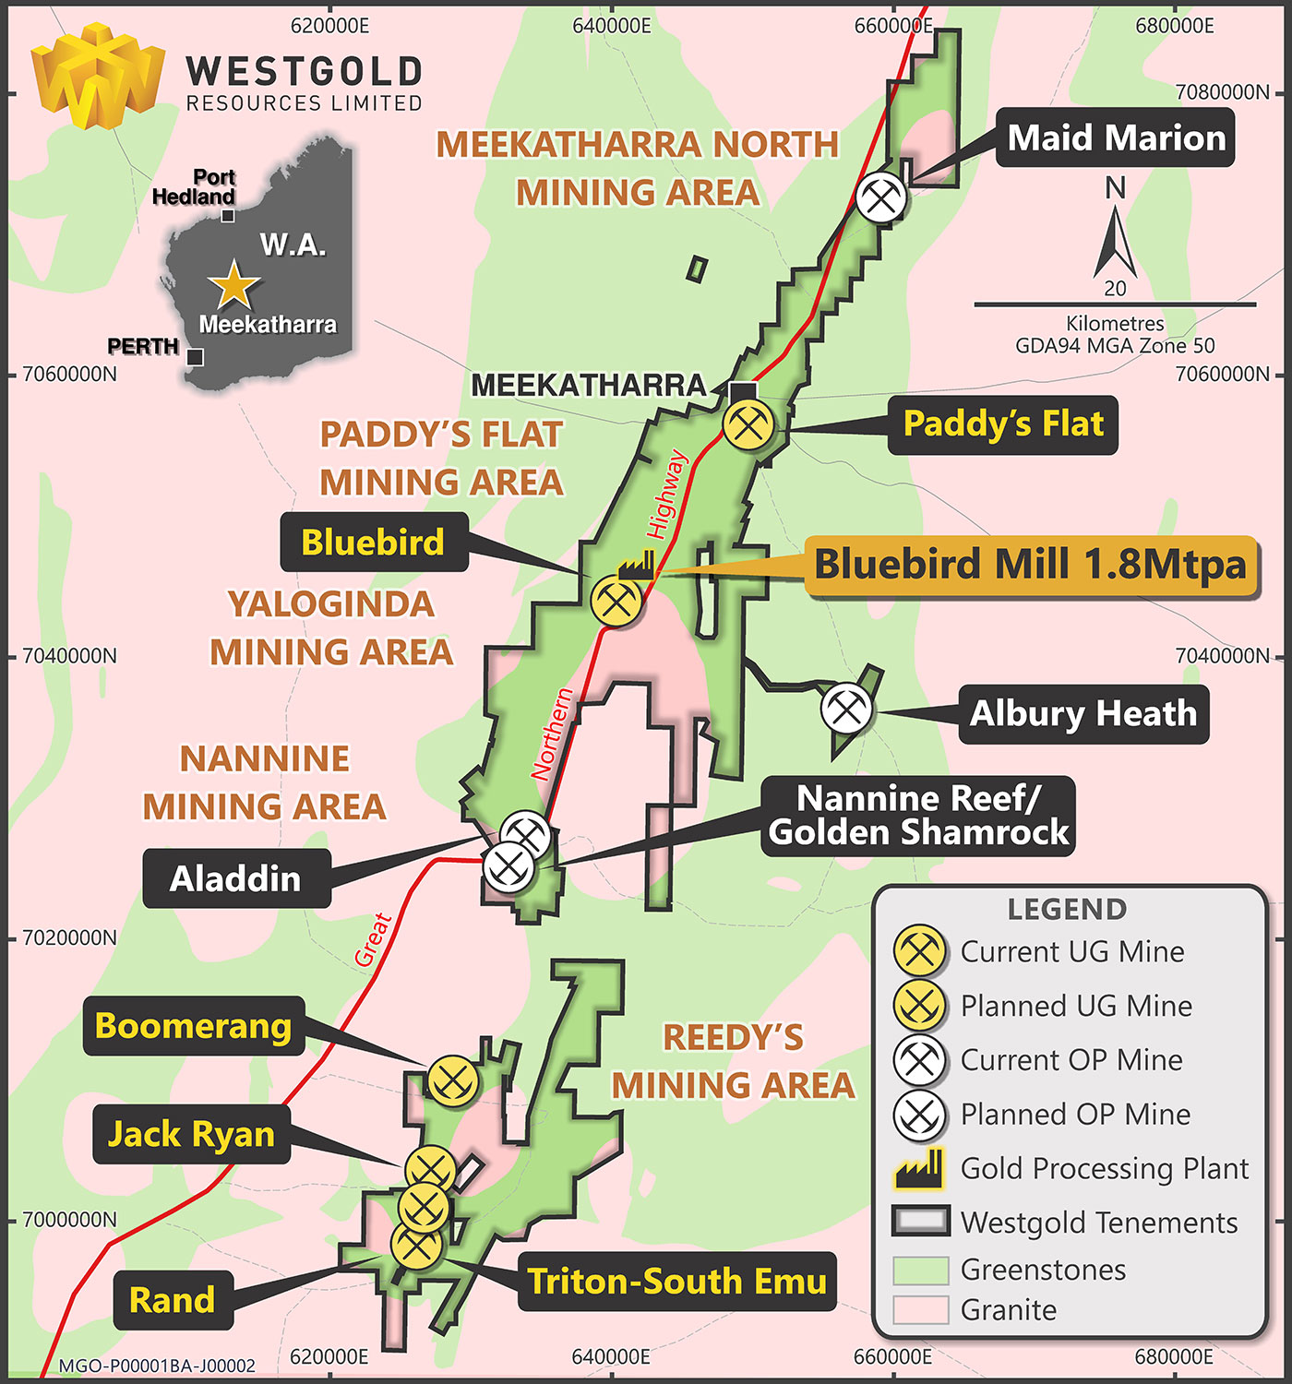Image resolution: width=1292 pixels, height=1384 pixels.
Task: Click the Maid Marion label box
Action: click(x=1116, y=138)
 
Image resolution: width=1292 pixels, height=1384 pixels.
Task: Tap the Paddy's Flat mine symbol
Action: click(x=748, y=424)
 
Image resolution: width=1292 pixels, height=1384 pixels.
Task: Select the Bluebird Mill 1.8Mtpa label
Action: click(x=1031, y=565)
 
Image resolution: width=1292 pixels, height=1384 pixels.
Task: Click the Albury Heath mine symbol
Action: click(x=847, y=709)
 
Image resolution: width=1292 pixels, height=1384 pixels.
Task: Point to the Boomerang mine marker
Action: click(x=453, y=1080)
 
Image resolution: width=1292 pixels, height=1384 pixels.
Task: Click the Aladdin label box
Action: click(x=236, y=878)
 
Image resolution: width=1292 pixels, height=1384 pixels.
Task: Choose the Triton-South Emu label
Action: click(x=676, y=1282)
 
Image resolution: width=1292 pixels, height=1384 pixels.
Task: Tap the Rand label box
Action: click(x=173, y=1300)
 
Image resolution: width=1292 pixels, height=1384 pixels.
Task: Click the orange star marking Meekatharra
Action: click(x=233, y=285)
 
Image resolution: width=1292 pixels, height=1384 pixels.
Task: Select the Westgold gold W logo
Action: click(x=97, y=76)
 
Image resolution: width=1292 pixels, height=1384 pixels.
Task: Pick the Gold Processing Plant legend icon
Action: click(x=919, y=1168)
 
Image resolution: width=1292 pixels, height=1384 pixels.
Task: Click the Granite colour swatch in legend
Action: click(x=920, y=1309)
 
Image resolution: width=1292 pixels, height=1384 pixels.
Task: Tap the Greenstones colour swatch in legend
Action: click(x=920, y=1270)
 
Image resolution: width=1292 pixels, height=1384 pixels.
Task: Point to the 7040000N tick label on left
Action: click(x=69, y=656)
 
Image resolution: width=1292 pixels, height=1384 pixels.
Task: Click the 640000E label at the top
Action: click(x=611, y=26)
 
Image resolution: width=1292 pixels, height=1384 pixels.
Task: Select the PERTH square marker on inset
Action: click(x=195, y=357)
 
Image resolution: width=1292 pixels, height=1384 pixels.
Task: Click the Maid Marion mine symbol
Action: click(x=881, y=197)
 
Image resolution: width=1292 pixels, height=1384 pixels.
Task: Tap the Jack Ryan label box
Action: click(x=191, y=1134)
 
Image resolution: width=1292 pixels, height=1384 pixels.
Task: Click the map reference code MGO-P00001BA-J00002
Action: click(x=157, y=1366)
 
